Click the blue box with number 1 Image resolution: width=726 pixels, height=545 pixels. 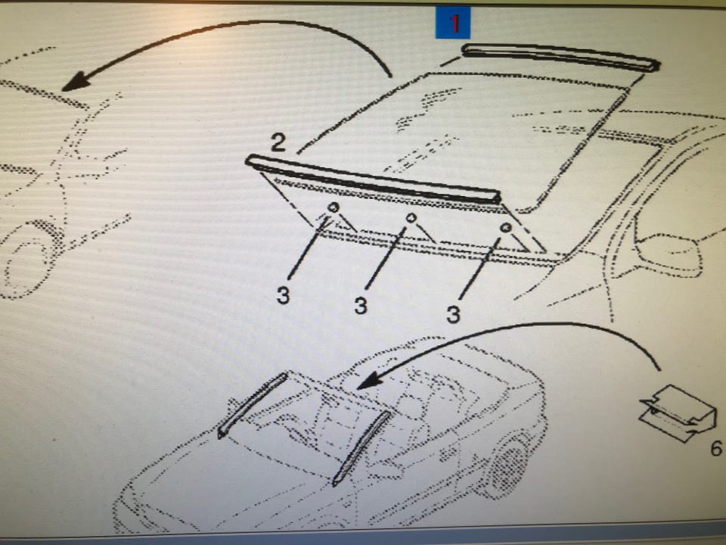coord(452,22)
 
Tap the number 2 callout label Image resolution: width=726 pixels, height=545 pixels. coord(278,142)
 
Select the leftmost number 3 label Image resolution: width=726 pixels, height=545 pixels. coord(283,294)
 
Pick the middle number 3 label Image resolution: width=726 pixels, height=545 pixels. coord(361,305)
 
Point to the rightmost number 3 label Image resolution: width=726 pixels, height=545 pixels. coord(453,313)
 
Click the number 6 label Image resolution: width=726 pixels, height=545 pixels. coord(716,448)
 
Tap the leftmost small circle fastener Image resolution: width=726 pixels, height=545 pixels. coord(334,207)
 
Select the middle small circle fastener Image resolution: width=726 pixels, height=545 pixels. coord(411,217)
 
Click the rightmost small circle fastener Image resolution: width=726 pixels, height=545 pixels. coord(506,228)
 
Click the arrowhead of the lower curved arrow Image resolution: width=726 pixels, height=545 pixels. coord(370,381)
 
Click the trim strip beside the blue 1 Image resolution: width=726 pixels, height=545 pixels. coord(560,57)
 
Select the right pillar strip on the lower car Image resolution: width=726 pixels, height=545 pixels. coord(361,447)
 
